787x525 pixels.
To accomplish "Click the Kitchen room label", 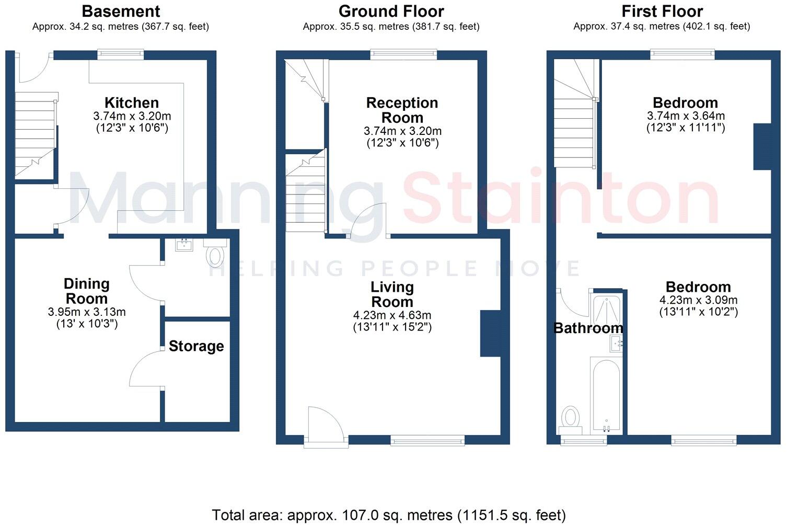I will tap(131, 102).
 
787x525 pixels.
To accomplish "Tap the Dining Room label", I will tap(86, 291).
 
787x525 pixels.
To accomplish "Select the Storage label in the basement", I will tap(196, 346).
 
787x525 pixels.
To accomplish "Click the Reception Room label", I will tap(402, 110).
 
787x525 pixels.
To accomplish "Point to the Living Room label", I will tap(392, 294).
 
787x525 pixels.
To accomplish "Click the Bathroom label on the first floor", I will tap(588, 328).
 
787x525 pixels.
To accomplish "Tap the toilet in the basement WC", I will tap(215, 256).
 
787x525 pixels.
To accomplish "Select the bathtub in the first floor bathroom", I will tap(606, 395).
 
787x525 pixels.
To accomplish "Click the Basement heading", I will tap(121, 11).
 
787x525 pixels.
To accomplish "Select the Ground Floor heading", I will tap(391, 11).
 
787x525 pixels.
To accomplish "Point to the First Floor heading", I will tap(662, 11).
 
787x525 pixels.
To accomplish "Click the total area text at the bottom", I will tap(389, 515).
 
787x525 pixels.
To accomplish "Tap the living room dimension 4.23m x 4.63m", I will tap(392, 315).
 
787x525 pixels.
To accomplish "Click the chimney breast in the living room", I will tap(490, 334).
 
